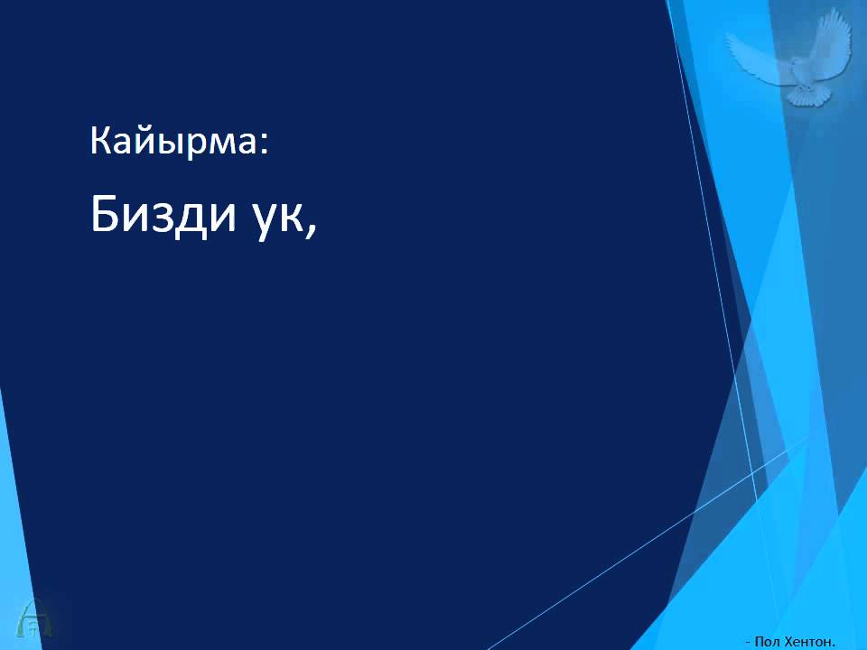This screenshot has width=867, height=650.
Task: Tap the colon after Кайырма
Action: pos(265,145)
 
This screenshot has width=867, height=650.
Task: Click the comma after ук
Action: pos(312,230)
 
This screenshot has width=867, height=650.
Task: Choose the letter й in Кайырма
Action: pos(144,141)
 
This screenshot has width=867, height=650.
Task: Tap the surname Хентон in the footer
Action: pos(808,641)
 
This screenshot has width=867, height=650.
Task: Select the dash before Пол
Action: pos(747,642)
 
